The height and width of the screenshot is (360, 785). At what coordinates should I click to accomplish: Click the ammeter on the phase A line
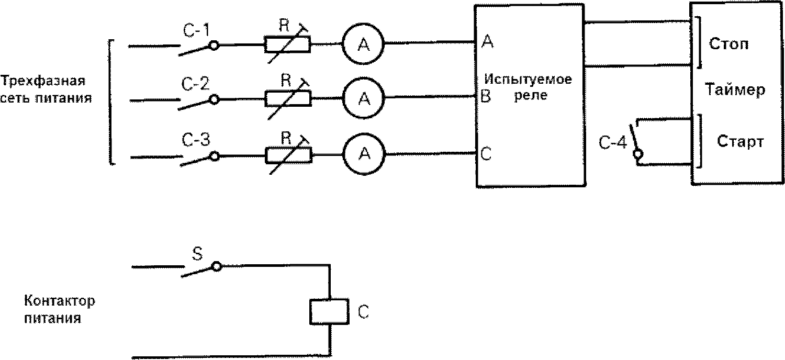363,44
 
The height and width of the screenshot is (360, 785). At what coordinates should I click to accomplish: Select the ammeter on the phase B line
364,98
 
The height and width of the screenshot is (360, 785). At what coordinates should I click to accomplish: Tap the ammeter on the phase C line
364,153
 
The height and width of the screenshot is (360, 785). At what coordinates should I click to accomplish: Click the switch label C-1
196,31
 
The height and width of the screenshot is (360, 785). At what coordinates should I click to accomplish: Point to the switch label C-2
195,84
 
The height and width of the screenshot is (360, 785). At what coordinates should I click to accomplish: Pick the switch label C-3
196,140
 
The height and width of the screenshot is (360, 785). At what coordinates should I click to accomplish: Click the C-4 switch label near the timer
612,143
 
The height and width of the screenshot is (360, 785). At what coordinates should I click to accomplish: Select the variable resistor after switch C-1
287,45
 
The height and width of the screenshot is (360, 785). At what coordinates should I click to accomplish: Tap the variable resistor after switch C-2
288,98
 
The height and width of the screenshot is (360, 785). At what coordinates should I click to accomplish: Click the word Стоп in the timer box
728,44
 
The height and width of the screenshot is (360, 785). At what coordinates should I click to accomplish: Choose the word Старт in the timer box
740,142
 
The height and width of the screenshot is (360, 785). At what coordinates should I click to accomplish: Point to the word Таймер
735,89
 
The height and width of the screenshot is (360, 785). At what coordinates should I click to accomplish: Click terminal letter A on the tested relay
487,41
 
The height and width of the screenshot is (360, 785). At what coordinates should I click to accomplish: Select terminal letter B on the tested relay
486,96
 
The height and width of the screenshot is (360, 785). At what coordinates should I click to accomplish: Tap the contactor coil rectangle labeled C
329,312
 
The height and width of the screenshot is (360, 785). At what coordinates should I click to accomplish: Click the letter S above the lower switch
198,254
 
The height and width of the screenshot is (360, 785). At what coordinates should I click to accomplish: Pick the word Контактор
60,301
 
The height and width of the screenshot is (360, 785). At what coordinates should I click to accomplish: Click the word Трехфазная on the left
43,81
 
